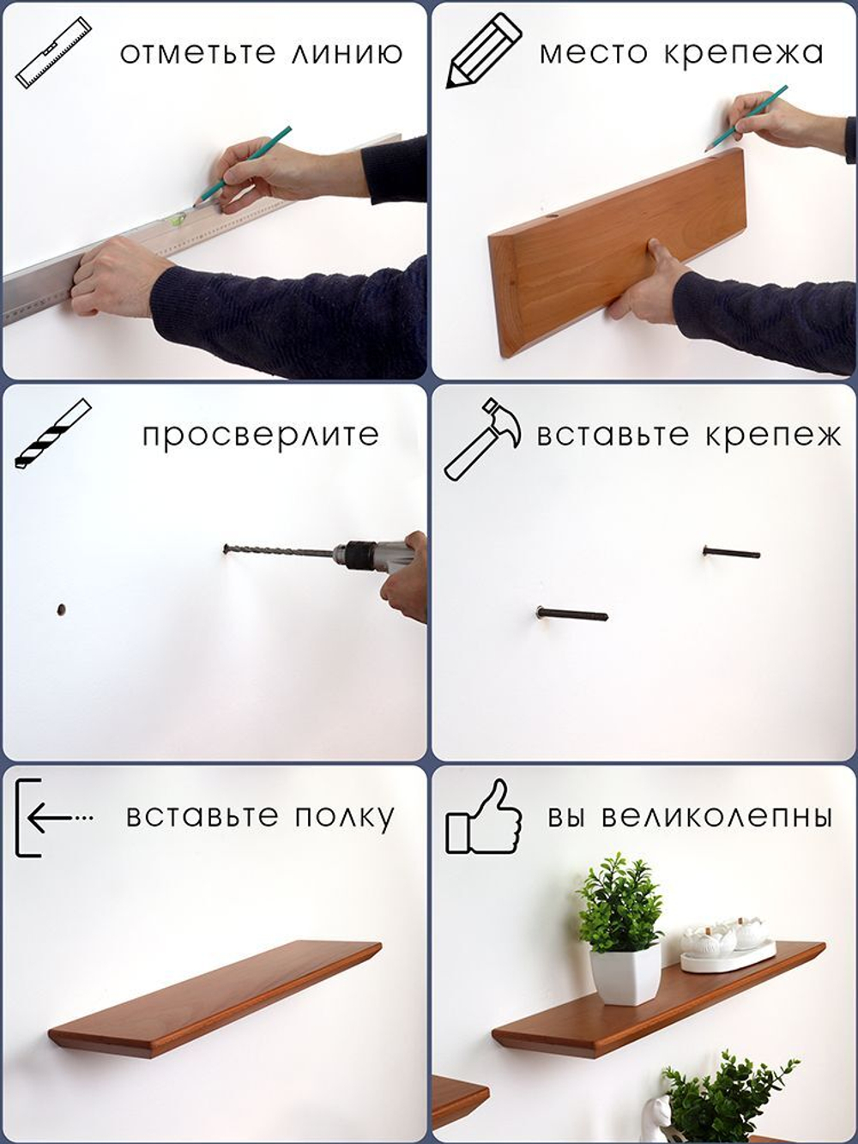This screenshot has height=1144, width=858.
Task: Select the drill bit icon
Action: [x=52, y=434]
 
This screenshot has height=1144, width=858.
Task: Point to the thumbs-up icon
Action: [x=484, y=818]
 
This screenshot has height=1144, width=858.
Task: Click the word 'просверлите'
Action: [x=260, y=435]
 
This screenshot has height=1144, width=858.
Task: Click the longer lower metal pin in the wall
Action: [x=571, y=614]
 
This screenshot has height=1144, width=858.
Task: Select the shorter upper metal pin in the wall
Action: [x=732, y=553]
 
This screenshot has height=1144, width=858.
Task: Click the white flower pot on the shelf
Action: [x=625, y=976]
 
